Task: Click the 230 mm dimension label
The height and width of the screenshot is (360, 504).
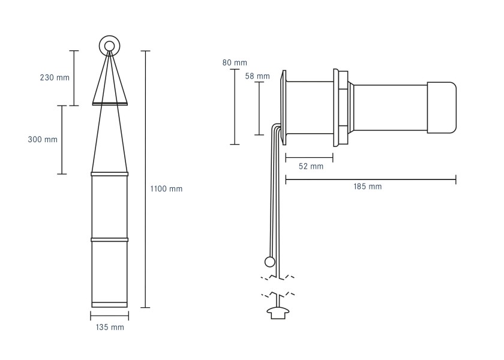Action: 55,77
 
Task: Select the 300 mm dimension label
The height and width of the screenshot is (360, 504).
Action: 43,139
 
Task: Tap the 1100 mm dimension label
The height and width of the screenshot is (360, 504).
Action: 166,188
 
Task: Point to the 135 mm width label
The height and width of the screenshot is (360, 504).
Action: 110,327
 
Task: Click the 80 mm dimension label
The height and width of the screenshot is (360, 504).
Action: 235,62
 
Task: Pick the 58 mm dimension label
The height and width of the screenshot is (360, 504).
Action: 257,76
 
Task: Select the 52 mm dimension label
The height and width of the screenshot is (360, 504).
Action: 311,166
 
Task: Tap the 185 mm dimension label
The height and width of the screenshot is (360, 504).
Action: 368,187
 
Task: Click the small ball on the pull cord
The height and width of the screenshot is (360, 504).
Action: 269,262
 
